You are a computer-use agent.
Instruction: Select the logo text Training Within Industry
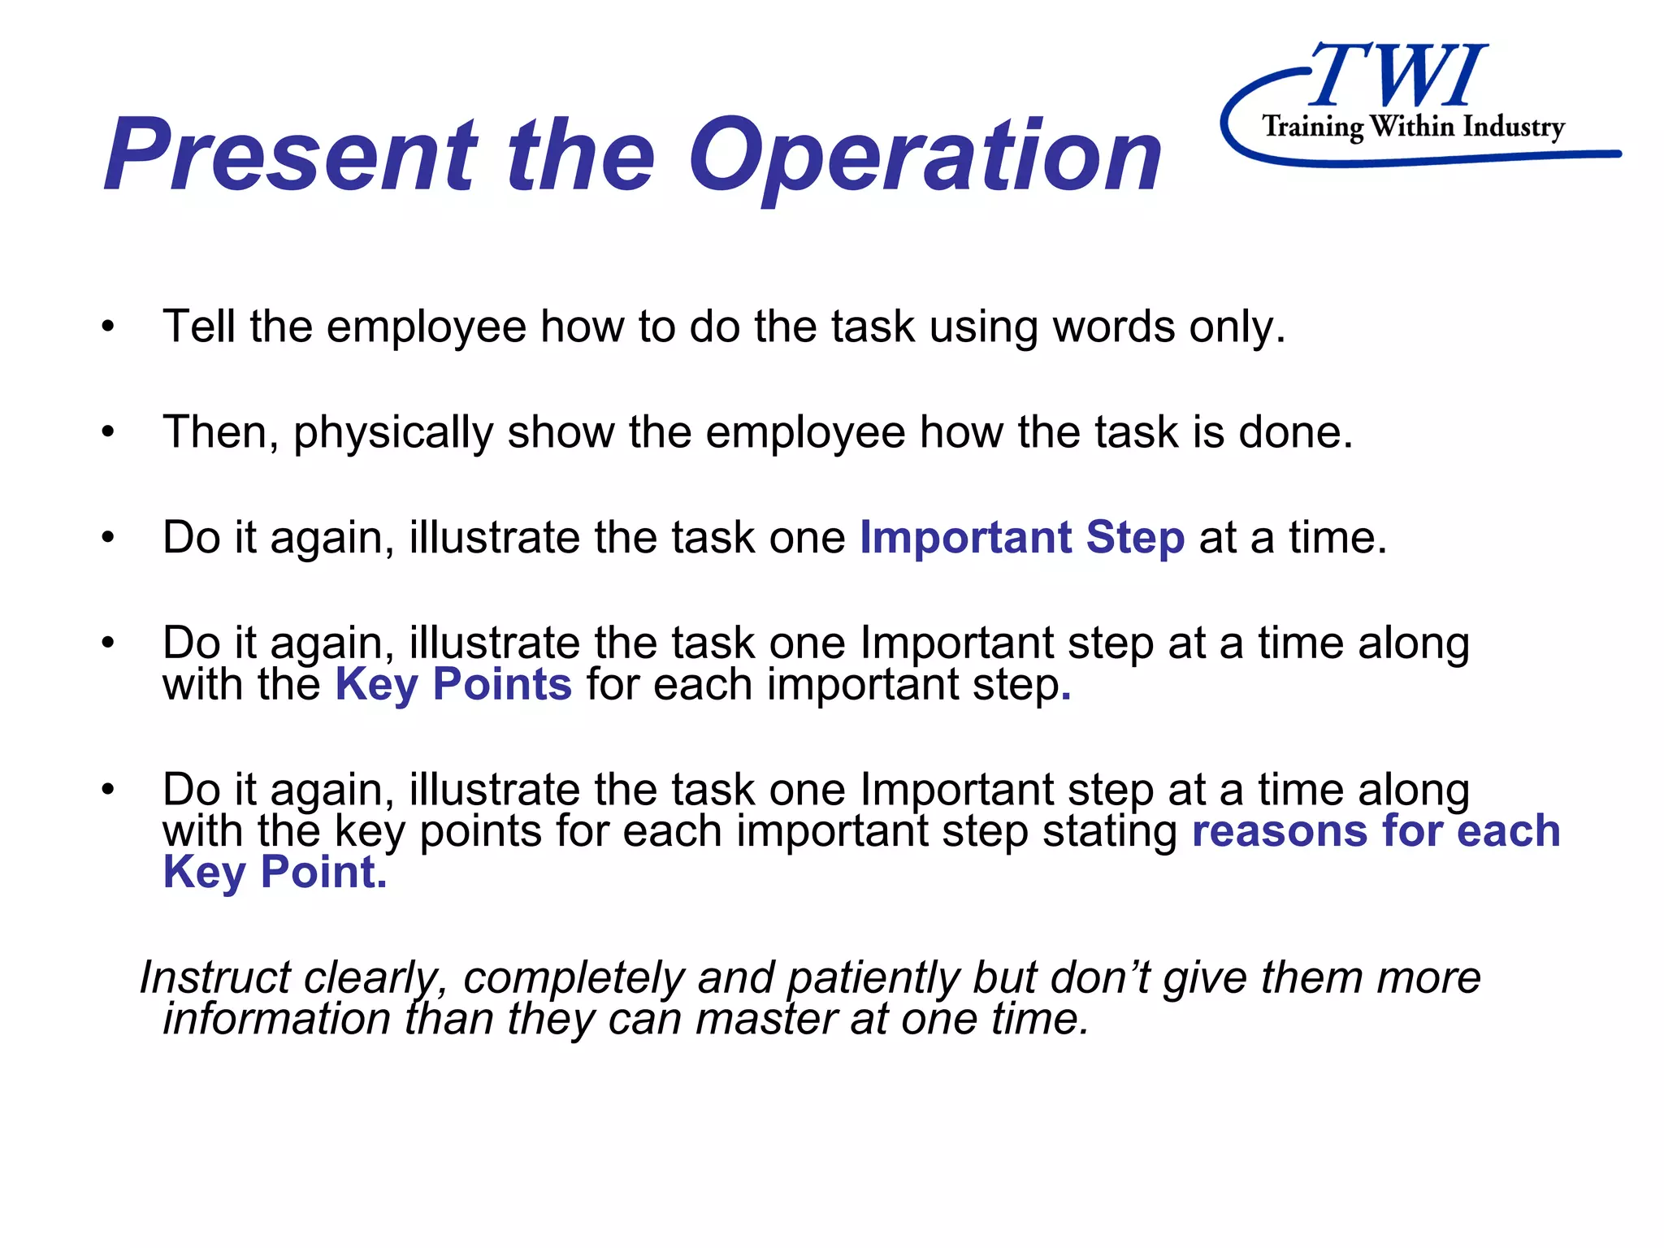1413,127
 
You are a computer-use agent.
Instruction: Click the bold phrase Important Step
1022,538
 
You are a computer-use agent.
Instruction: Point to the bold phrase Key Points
453,684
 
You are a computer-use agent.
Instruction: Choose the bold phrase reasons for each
1376,830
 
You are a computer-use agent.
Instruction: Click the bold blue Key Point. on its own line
275,873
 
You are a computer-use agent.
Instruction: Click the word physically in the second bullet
393,432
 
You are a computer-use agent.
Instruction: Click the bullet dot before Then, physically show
109,432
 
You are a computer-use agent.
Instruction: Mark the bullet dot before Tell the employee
109,327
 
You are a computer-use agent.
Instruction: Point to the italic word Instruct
214,977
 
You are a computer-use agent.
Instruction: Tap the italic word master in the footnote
766,1018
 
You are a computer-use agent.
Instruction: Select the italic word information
276,1018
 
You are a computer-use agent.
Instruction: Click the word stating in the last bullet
1110,830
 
